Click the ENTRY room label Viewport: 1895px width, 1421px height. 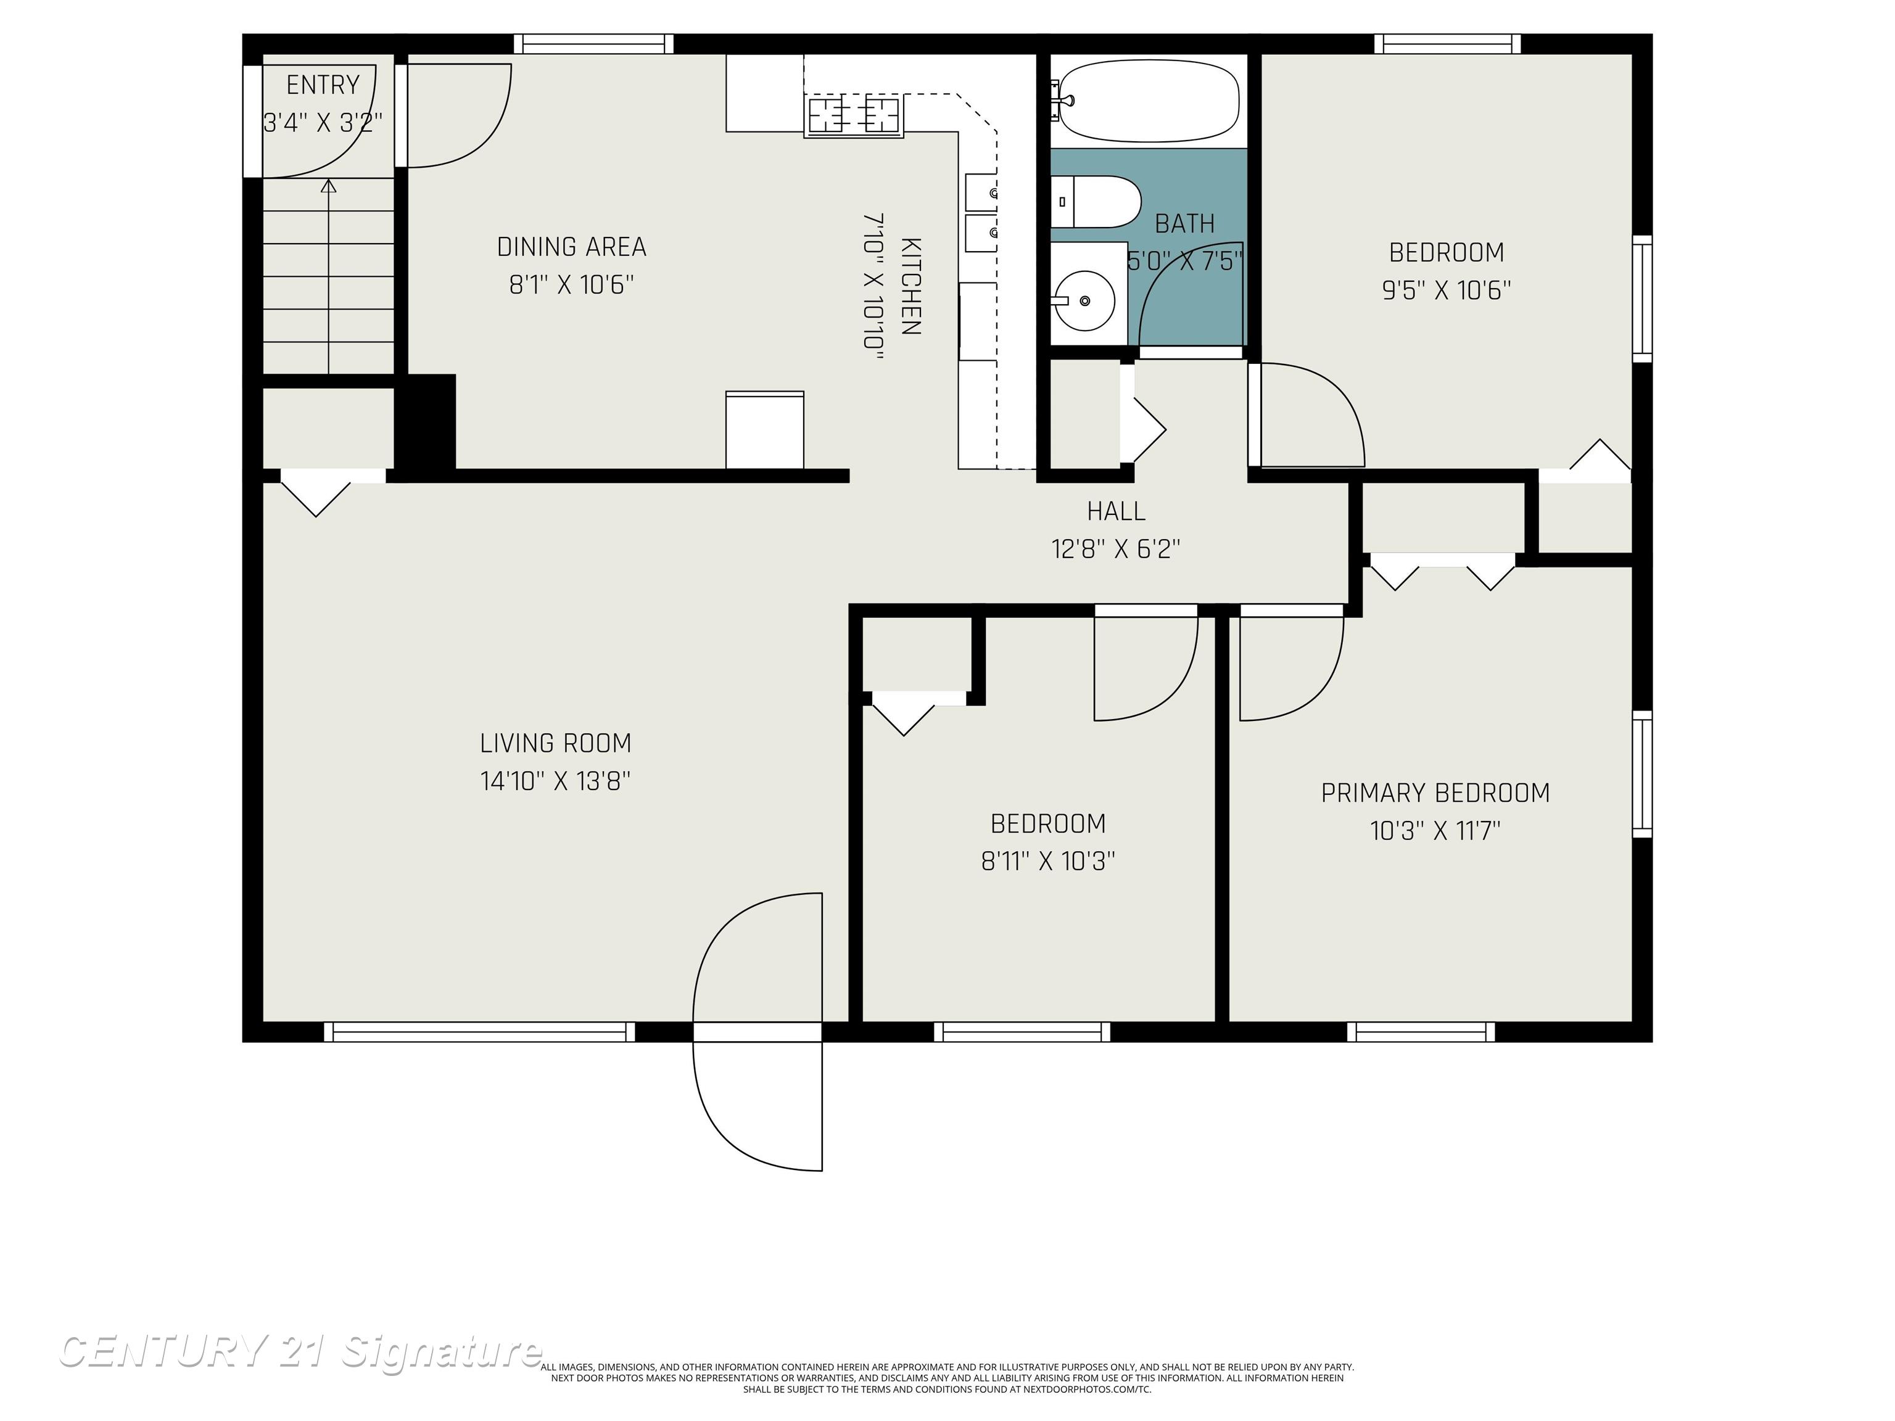pos(323,84)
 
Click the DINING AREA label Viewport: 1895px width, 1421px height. pos(571,247)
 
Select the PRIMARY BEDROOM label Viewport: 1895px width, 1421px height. pos(1435,793)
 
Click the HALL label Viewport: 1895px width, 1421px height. pos(1115,511)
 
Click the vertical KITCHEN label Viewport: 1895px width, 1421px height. pos(910,286)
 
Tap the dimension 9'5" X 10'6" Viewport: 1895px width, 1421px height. pos(1446,290)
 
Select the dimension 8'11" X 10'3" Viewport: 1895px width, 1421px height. pos(1047,861)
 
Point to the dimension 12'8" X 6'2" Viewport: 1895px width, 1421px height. pos(1115,549)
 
